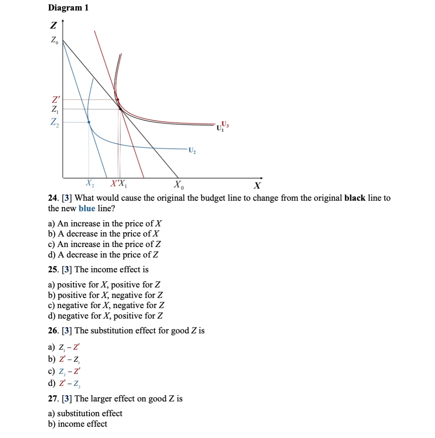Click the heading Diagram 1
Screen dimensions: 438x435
(x=68, y=8)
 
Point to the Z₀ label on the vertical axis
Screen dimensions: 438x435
(x=54, y=40)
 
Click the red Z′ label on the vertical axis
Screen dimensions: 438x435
(x=56, y=100)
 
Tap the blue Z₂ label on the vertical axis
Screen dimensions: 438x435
(x=55, y=122)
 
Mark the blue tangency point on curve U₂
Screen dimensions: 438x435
(x=89, y=122)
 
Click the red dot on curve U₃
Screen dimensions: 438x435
(x=118, y=100)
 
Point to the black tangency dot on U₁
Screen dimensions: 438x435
(x=120, y=109)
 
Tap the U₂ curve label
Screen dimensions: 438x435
(x=192, y=150)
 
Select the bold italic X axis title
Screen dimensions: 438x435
(x=257, y=185)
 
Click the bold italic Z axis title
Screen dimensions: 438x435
(x=53, y=26)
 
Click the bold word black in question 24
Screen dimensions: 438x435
(x=355, y=198)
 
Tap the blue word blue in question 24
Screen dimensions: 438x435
(x=87, y=208)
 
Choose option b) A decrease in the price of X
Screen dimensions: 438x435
(x=103, y=234)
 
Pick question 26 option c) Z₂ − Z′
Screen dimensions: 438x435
(x=65, y=371)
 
